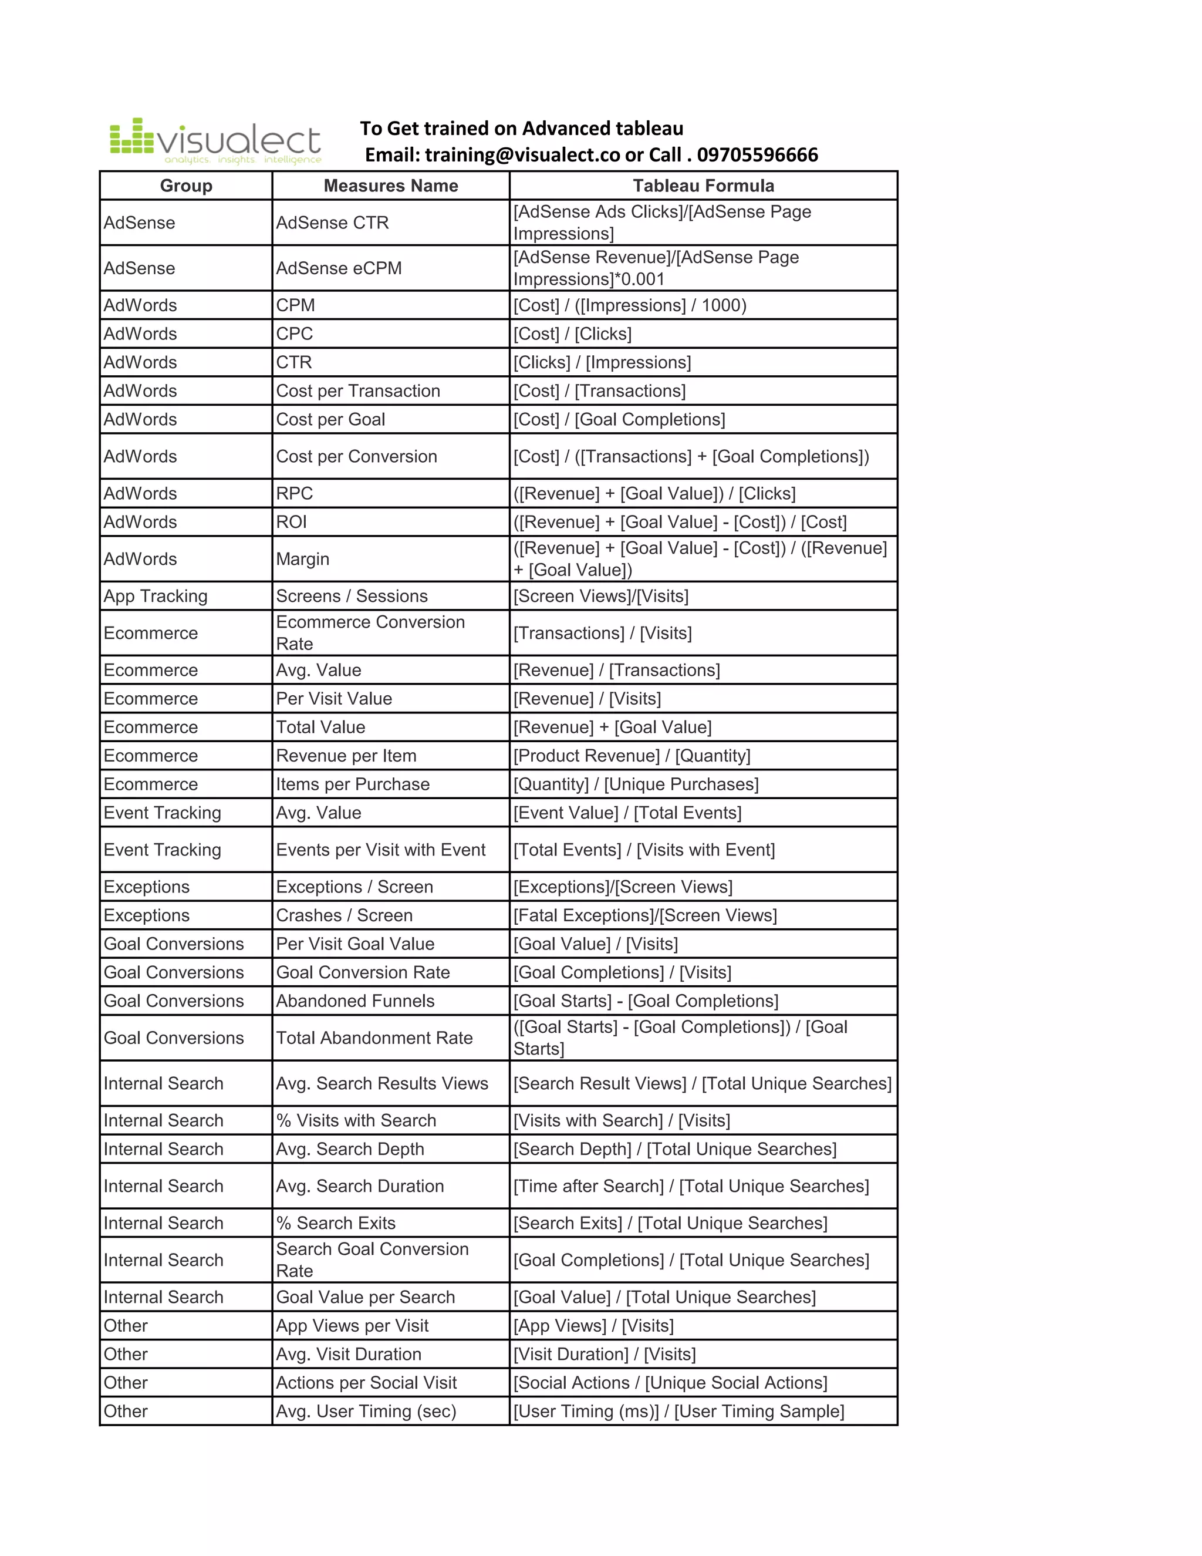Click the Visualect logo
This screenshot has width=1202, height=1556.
point(215,141)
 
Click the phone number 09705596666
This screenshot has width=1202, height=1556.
point(757,156)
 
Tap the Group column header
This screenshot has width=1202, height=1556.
point(186,186)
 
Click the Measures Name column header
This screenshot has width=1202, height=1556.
point(390,186)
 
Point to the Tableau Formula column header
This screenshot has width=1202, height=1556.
point(703,186)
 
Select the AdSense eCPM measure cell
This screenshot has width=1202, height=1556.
point(339,268)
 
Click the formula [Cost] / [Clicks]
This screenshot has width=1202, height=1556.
point(572,334)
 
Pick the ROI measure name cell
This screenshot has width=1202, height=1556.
point(292,522)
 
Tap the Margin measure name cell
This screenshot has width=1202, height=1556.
point(303,559)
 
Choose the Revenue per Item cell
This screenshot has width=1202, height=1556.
point(346,756)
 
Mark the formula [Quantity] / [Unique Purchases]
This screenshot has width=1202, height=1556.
point(636,784)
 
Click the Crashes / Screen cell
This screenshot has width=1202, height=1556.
point(344,915)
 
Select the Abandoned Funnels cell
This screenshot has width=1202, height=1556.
point(354,1001)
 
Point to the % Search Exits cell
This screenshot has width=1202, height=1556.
point(335,1223)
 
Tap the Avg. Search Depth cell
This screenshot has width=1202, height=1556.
point(350,1149)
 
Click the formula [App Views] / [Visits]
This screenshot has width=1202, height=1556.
point(593,1326)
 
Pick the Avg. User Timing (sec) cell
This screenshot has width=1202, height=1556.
point(366,1412)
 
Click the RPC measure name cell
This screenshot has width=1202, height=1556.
point(294,494)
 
